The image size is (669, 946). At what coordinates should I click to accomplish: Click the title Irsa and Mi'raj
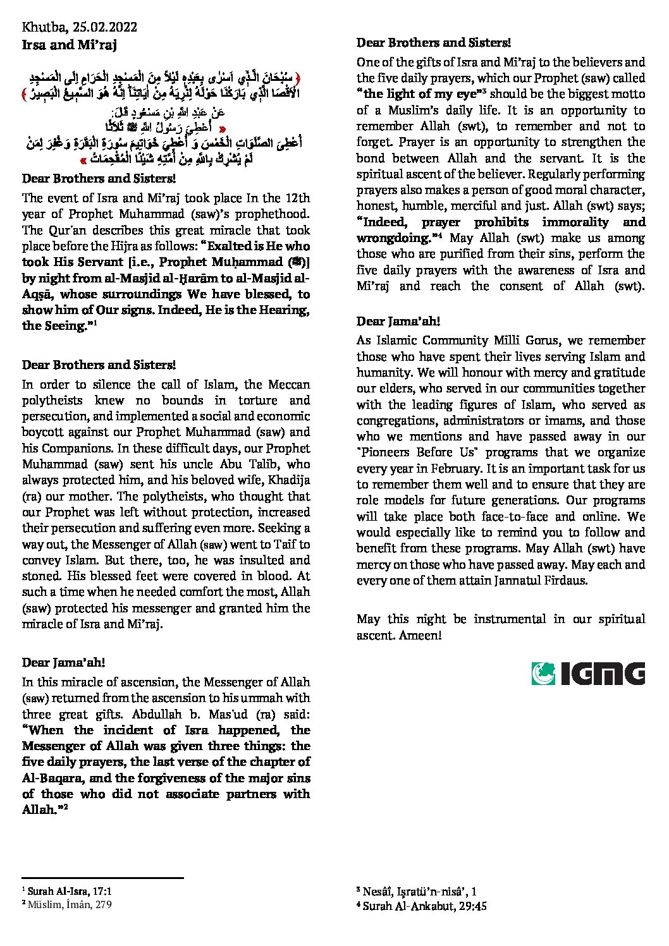pos(70,44)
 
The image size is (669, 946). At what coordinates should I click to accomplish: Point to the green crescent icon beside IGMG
pos(543,674)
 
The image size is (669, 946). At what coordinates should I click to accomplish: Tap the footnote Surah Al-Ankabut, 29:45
pos(421,906)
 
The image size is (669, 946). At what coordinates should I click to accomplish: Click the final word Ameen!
pos(420,635)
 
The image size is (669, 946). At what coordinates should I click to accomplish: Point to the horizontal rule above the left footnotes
pos(102,878)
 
